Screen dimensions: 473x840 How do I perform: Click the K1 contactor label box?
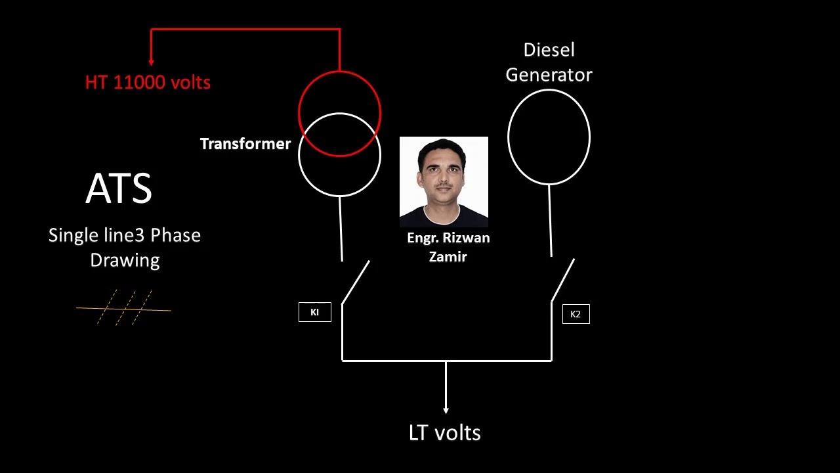pyautogui.click(x=315, y=312)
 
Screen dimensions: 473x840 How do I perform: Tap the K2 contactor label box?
pyautogui.click(x=576, y=314)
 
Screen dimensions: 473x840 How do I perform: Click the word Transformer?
pyautogui.click(x=245, y=144)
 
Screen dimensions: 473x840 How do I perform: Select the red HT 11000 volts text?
pyautogui.click(x=148, y=83)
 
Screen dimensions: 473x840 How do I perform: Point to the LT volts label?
pyautogui.click(x=444, y=433)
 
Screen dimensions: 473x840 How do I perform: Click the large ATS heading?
pyautogui.click(x=119, y=189)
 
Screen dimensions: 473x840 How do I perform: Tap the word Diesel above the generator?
pyautogui.click(x=549, y=50)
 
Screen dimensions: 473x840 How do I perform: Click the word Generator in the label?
pyautogui.click(x=549, y=75)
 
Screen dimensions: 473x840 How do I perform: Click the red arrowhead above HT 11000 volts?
pyautogui.click(x=152, y=62)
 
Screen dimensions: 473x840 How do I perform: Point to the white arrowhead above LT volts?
pyautogui.click(x=446, y=410)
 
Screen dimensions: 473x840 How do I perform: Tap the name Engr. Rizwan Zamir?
pyautogui.click(x=448, y=247)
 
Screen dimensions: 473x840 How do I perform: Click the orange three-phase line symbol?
pyautogui.click(x=124, y=308)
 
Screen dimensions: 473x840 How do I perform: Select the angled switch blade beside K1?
pyautogui.click(x=356, y=282)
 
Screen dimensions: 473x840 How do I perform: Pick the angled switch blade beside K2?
pyautogui.click(x=563, y=279)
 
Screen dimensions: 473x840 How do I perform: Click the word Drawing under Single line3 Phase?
pyautogui.click(x=125, y=260)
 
